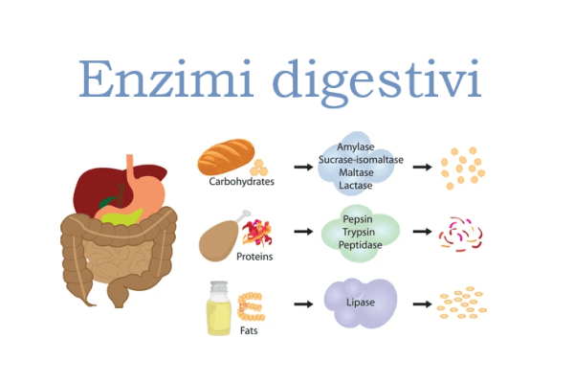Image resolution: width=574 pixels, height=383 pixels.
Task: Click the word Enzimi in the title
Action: pos(166,79)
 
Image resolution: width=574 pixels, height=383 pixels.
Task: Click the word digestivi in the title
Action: pos(376,83)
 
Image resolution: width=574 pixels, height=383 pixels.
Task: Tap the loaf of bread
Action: pos(226,156)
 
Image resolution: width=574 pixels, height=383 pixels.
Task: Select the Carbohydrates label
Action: pos(242,181)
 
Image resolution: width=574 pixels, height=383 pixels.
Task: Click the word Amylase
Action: pos(356,146)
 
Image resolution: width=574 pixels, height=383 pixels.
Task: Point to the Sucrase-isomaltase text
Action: pos(361,160)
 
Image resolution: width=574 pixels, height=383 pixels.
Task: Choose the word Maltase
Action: pos(356,172)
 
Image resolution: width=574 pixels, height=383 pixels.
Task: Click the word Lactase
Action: pos(356,185)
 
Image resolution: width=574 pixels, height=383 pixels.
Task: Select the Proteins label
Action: pos(254,257)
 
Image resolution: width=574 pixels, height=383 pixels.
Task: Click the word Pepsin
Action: pos(358,219)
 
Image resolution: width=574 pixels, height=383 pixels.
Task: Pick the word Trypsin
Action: pos(359,233)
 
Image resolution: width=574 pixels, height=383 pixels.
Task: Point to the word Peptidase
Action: pos(361,245)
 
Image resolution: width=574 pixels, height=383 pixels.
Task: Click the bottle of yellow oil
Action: pos(219,308)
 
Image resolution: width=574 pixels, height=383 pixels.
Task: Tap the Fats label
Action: pos(249,330)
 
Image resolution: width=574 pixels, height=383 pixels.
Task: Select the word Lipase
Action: pos(361,303)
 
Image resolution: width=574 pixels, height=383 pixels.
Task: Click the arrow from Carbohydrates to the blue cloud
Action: pos(303,168)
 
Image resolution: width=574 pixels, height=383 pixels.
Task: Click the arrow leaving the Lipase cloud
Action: pos(423,304)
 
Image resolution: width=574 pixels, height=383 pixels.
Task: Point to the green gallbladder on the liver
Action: pos(107,202)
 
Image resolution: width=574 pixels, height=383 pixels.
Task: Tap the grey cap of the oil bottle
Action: pos(219,286)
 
